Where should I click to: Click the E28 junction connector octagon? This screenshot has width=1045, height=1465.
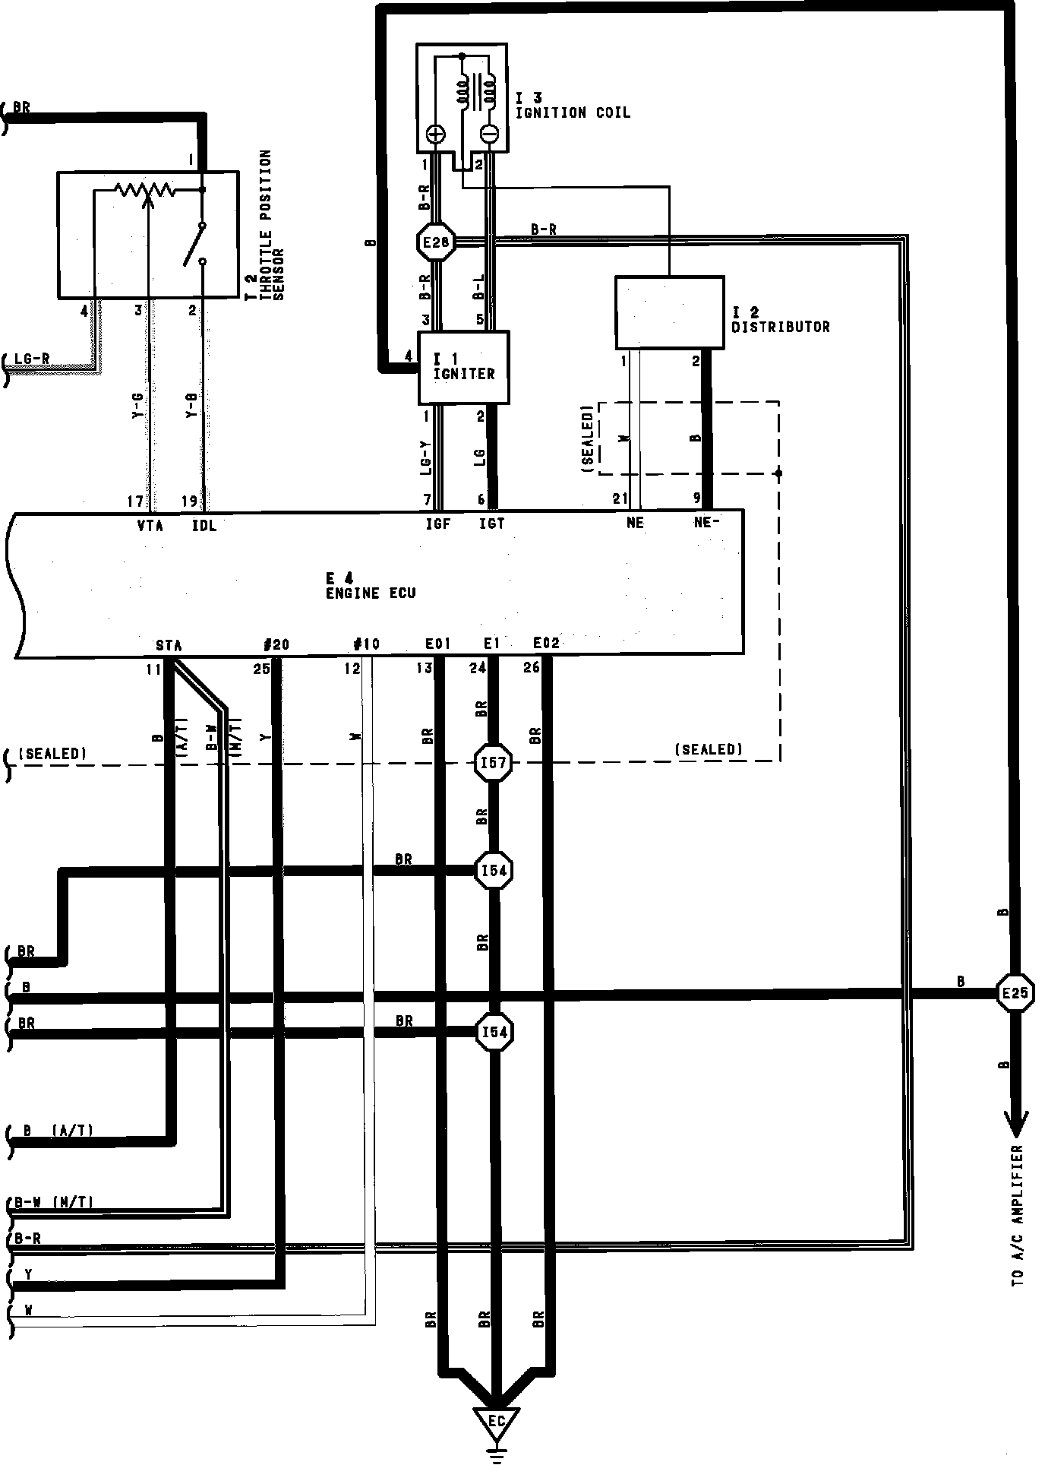click(x=436, y=242)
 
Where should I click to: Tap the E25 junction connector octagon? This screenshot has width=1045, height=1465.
click(x=1015, y=992)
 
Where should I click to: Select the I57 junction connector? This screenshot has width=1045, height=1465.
click(x=494, y=762)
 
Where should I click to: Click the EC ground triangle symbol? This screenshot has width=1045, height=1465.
click(x=496, y=1422)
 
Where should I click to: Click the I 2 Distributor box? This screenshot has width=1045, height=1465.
click(x=669, y=312)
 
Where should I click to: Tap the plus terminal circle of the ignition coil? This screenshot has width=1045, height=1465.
click(x=435, y=134)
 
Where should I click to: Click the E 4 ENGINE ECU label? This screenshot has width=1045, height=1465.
click(x=371, y=586)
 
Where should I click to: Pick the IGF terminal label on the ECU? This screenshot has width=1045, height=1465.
click(x=438, y=524)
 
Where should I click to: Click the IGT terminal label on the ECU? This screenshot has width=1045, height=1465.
click(x=492, y=524)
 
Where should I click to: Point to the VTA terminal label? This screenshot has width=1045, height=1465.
click(x=150, y=525)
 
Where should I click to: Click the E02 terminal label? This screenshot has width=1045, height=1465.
click(x=546, y=644)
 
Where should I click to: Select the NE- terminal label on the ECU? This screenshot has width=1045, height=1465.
click(x=706, y=523)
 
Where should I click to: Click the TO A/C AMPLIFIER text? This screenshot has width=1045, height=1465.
click(x=1018, y=1215)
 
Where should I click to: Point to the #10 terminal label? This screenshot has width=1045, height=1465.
click(x=367, y=644)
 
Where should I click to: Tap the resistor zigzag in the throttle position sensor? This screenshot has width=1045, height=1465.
click(x=144, y=189)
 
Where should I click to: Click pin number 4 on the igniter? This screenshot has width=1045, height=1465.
click(x=409, y=356)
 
